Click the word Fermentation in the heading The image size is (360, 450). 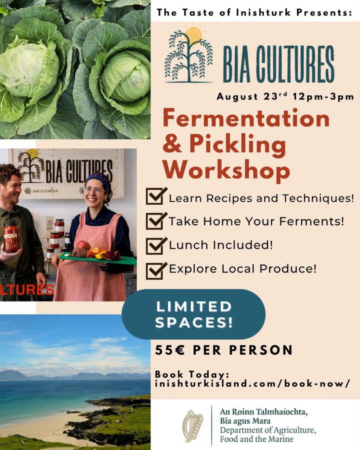pyautogui.click(x=246, y=119)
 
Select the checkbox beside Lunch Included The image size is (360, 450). pyautogui.click(x=156, y=245)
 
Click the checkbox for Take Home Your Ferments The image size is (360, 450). pyautogui.click(x=156, y=221)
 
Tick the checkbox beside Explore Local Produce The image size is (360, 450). pyautogui.click(x=156, y=270)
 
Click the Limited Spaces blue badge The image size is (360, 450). pyautogui.click(x=193, y=314)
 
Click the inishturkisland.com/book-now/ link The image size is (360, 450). pyautogui.click(x=252, y=384)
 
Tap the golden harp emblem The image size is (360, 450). pyautogui.click(x=193, y=426)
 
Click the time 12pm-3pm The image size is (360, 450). pyautogui.click(x=323, y=97)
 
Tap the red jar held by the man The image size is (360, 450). pyautogui.click(x=11, y=238)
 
